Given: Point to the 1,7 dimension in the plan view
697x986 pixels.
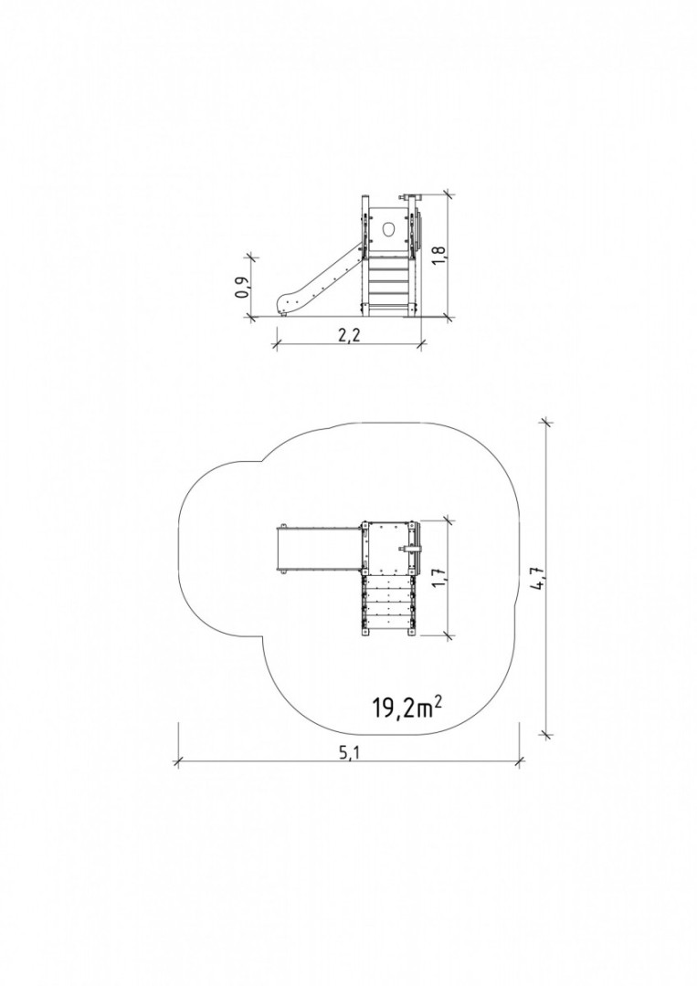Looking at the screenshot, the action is pyautogui.click(x=440, y=575).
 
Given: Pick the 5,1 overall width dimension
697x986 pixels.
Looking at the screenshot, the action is pyautogui.click(x=348, y=752).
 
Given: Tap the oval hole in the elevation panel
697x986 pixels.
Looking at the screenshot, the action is pyautogui.click(x=389, y=228).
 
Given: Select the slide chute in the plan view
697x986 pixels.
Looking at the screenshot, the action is pyautogui.click(x=320, y=548).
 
